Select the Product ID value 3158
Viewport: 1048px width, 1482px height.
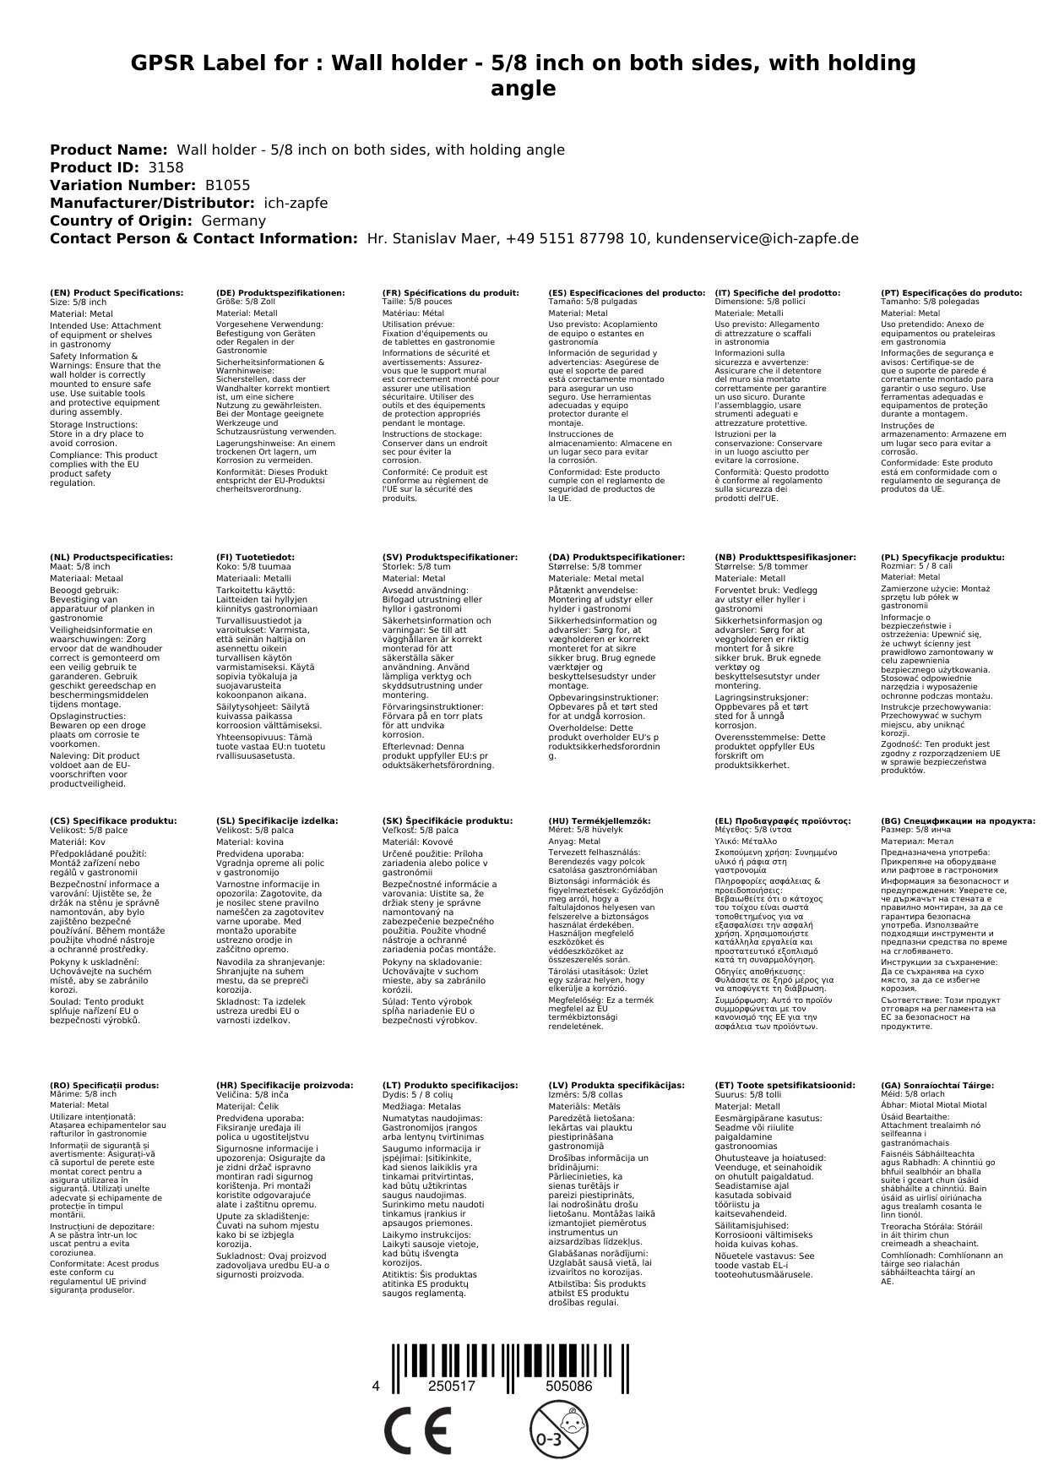tap(166, 167)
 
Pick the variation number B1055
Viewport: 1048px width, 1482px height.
tap(228, 185)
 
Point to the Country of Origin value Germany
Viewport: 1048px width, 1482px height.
tap(234, 221)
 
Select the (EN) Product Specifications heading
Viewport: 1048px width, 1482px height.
tap(117, 293)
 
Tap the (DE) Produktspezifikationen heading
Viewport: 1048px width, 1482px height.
tap(280, 293)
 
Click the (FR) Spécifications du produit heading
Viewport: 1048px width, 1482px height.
tap(450, 293)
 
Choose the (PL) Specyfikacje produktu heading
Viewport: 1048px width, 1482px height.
tap(942, 558)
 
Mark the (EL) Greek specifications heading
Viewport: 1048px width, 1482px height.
tap(783, 820)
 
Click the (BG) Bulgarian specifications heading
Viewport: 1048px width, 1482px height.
tap(958, 820)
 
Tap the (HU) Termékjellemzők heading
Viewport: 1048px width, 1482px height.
tap(600, 820)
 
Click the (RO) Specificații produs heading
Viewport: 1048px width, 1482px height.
tap(104, 1085)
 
